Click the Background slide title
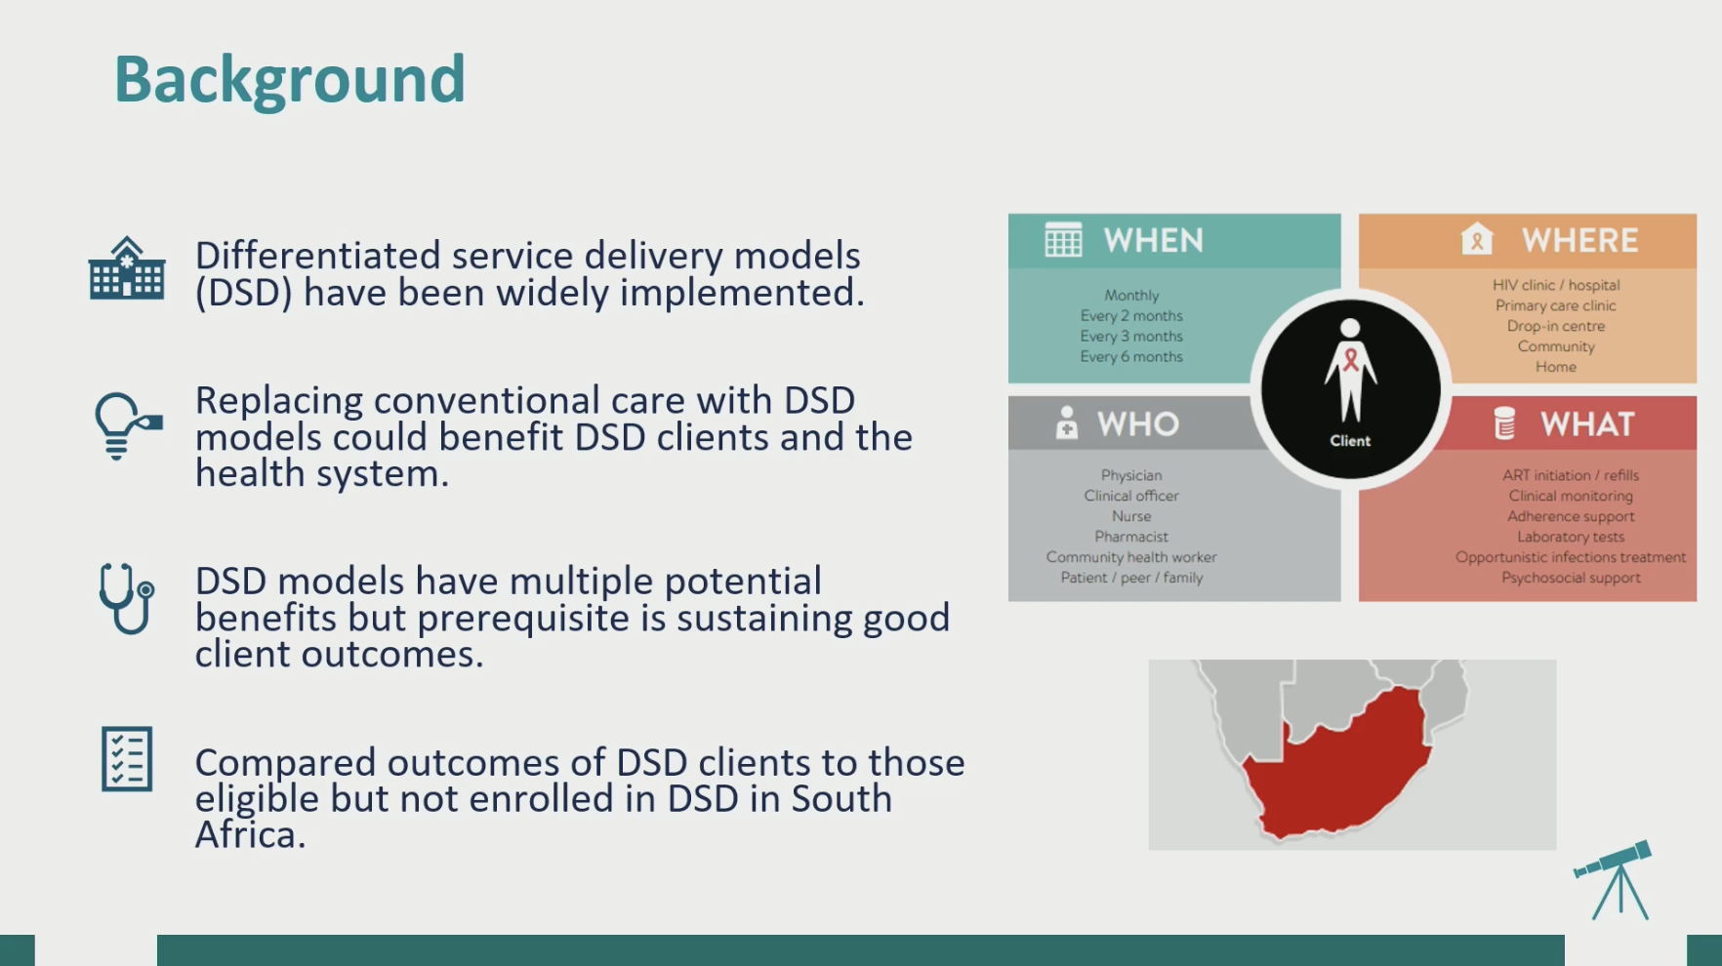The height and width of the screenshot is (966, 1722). [x=290, y=81]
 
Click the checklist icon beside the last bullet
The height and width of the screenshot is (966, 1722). [x=127, y=758]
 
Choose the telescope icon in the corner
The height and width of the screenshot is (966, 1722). [x=1615, y=879]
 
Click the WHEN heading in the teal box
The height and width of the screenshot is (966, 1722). [x=1153, y=241]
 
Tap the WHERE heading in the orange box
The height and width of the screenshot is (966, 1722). [x=1579, y=241]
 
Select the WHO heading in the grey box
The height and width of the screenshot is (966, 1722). [x=1137, y=424]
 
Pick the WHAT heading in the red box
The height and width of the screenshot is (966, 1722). [x=1586, y=424]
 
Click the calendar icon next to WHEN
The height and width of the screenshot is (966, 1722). [x=1063, y=240]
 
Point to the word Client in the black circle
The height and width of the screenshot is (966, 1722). [x=1350, y=441]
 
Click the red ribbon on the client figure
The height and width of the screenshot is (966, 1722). [x=1351, y=359]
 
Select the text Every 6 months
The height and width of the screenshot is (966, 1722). [x=1131, y=357]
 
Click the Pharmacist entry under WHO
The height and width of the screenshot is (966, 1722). [x=1131, y=537]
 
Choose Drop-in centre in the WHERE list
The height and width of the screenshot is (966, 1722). [x=1556, y=326]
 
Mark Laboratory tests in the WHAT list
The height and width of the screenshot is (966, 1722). [x=1571, y=537]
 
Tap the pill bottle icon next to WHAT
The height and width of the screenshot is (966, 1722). [x=1504, y=423]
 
